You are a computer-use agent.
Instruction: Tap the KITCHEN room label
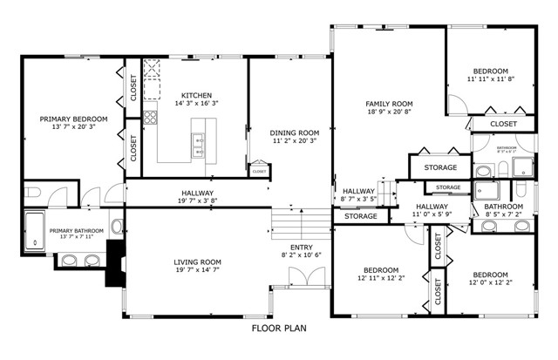pyautogui.click(x=196, y=96)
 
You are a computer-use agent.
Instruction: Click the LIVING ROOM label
pyautogui.click(x=196, y=262)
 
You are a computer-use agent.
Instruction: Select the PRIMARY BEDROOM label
pyautogui.click(x=73, y=119)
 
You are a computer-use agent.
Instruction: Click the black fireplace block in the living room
pyautogui.click(x=114, y=263)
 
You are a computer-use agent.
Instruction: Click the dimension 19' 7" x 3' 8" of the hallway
pyautogui.click(x=197, y=201)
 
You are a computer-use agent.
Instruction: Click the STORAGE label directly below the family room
pyautogui.click(x=440, y=167)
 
